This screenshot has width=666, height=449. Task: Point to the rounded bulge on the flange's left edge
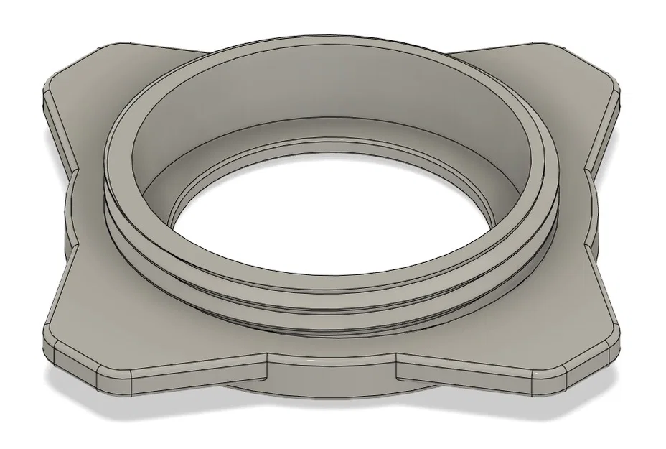(68, 208)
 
